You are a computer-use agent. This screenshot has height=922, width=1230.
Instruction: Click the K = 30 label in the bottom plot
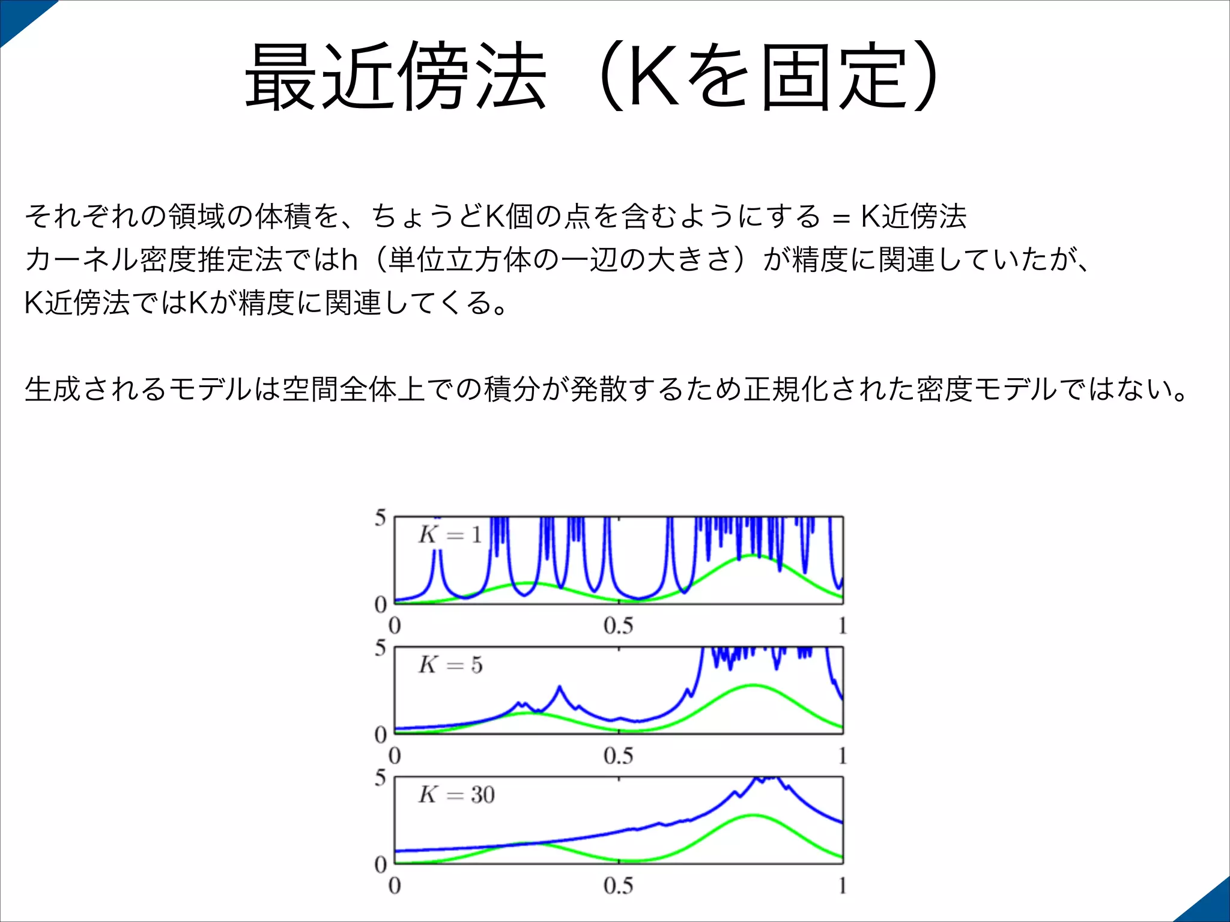[x=456, y=795]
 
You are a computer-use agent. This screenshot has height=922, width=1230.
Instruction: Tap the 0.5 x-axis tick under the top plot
[x=618, y=626]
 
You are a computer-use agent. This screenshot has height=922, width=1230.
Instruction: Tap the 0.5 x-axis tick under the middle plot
[x=618, y=756]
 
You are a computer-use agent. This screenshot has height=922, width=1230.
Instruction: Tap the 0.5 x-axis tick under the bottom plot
[x=618, y=886]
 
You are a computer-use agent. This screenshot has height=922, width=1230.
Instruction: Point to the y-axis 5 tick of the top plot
[x=380, y=517]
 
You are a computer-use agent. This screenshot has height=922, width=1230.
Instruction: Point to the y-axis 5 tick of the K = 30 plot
[x=380, y=778]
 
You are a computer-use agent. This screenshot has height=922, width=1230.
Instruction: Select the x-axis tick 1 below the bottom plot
[x=842, y=886]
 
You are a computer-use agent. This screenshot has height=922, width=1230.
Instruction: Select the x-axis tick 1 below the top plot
[x=842, y=626]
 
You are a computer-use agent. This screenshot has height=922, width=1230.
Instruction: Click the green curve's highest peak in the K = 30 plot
[x=754, y=815]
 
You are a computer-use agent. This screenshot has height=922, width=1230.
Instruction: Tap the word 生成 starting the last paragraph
[x=52, y=389]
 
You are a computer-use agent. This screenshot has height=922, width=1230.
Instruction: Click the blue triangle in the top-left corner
[x=18, y=15]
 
